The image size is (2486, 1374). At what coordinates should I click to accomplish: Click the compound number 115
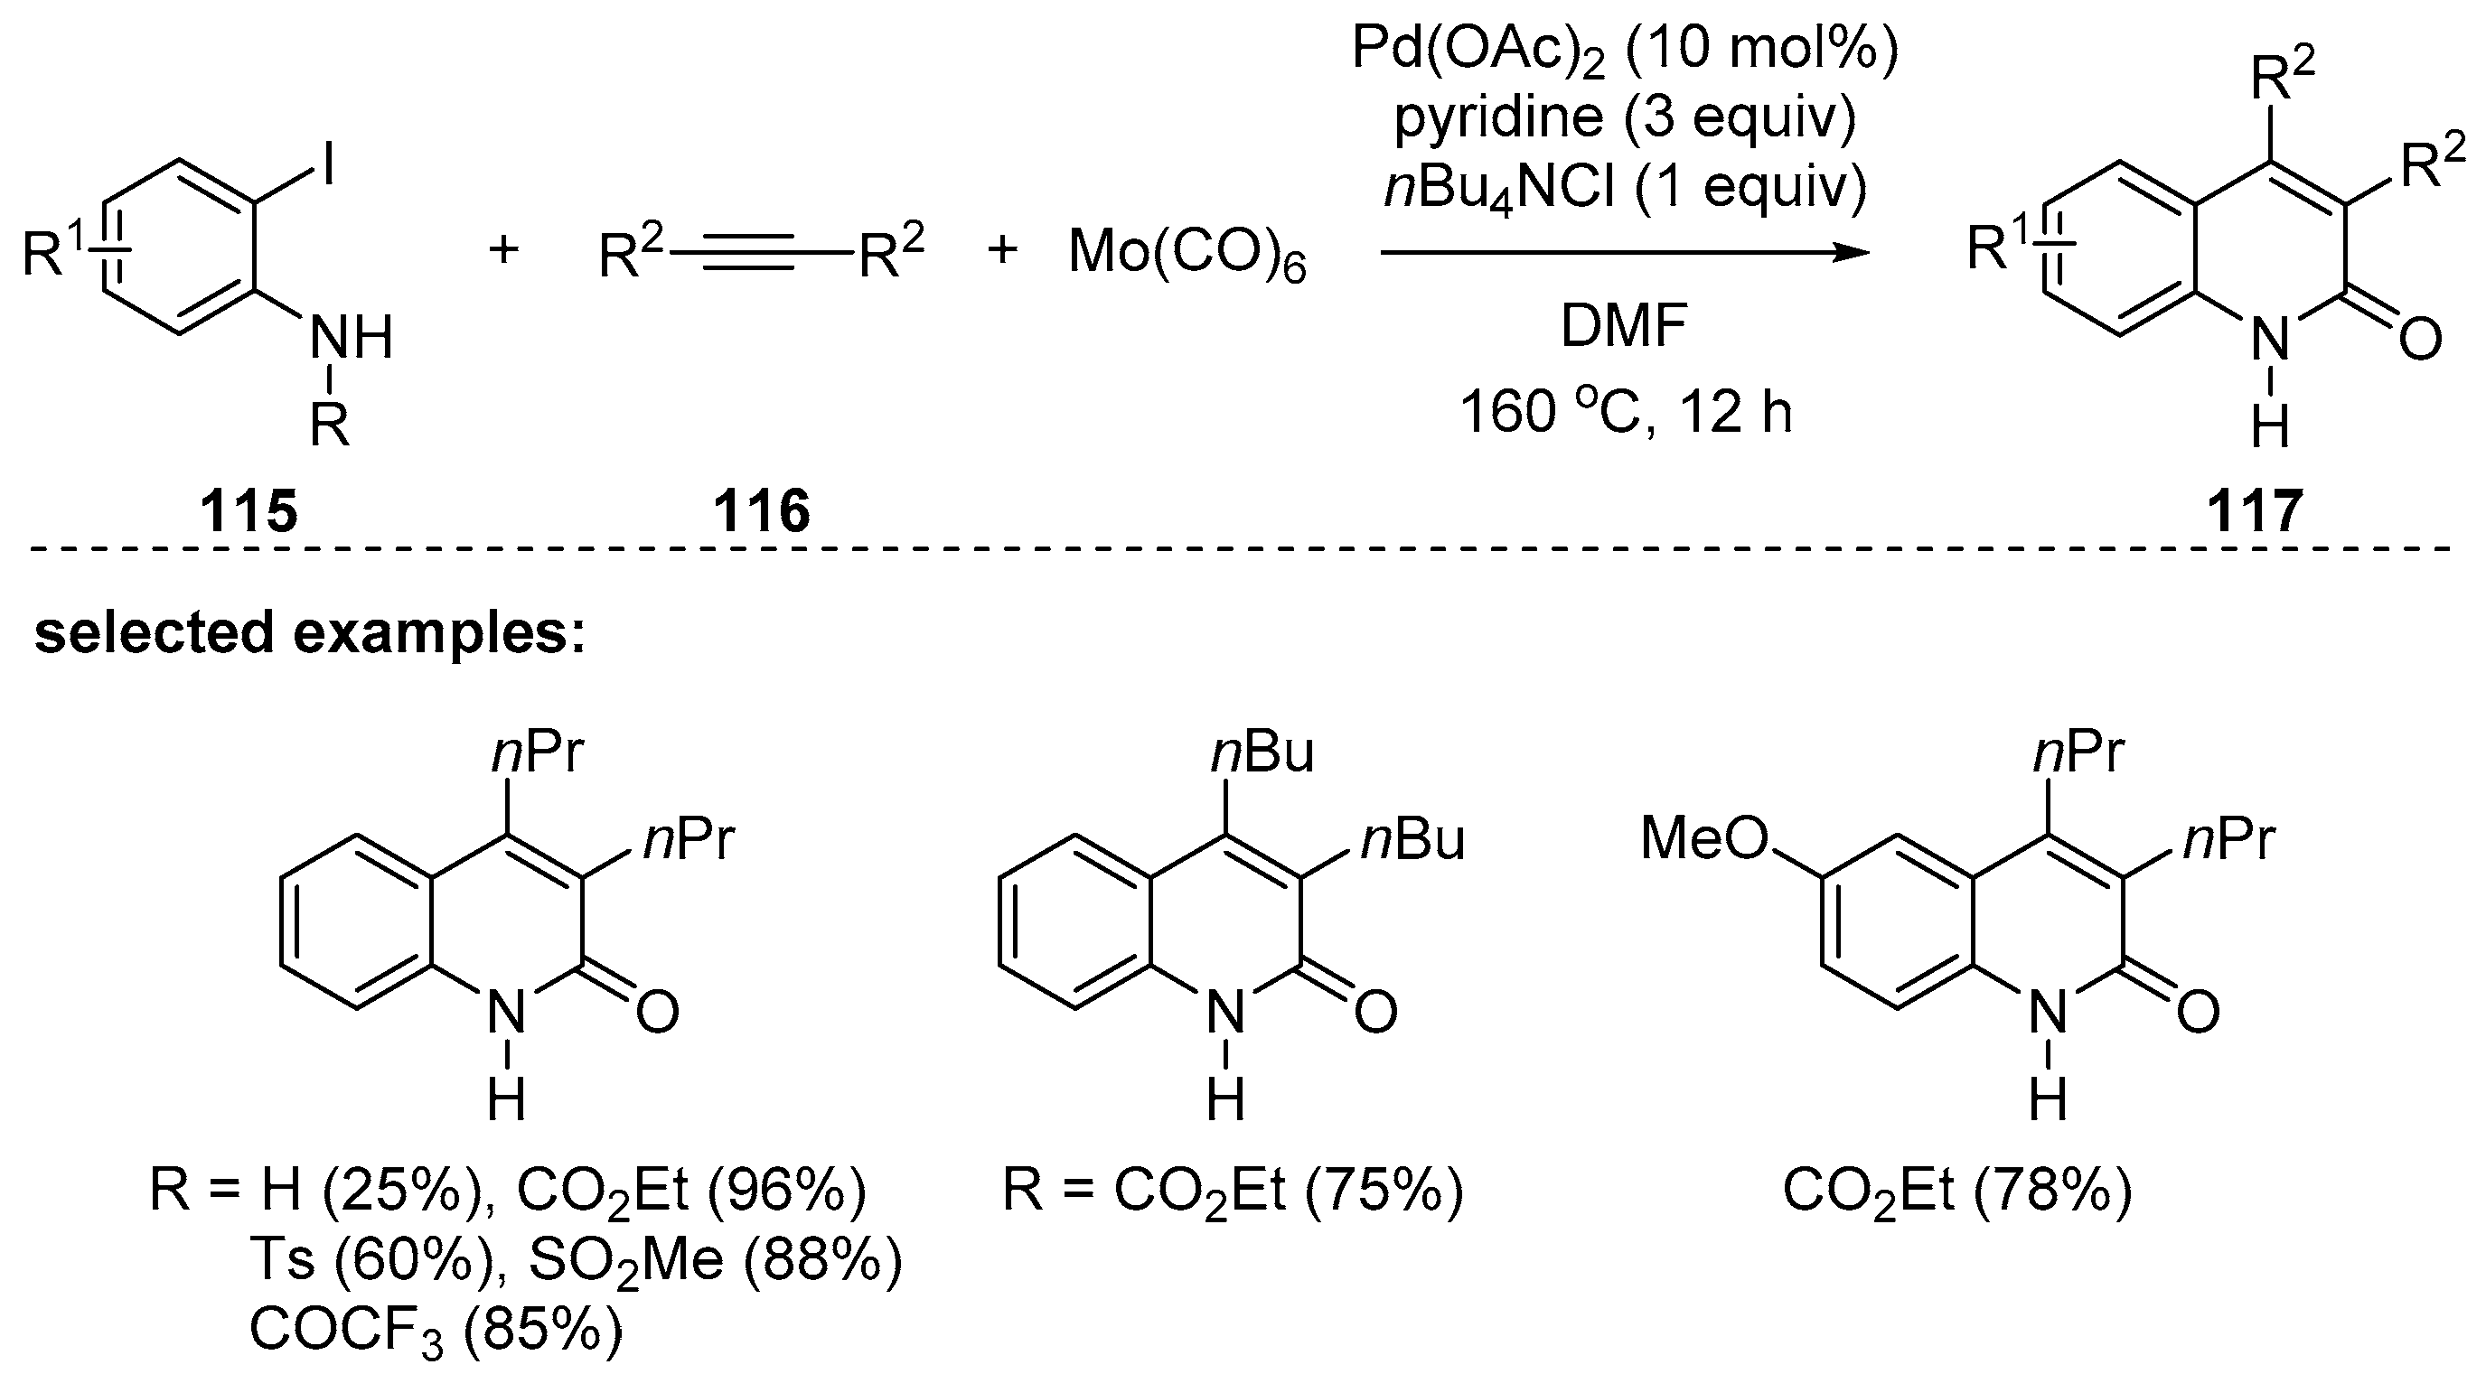[x=249, y=510]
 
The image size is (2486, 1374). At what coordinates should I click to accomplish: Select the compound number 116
[x=762, y=510]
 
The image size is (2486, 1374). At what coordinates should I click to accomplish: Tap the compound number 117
[x=2255, y=510]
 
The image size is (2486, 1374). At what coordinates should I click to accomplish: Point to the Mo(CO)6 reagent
[x=1187, y=254]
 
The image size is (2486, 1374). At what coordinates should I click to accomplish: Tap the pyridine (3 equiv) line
[x=1625, y=117]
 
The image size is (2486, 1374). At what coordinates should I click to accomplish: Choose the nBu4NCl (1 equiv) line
[x=1625, y=187]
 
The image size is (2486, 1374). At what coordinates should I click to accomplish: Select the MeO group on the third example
[x=1703, y=838]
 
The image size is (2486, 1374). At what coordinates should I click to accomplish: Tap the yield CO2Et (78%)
[x=1957, y=1192]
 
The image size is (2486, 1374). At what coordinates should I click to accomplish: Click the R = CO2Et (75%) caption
[x=1233, y=1192]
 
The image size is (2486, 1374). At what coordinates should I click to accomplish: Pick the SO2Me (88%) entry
[x=715, y=1261]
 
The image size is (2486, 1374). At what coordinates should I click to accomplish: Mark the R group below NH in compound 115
[x=330, y=425]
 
